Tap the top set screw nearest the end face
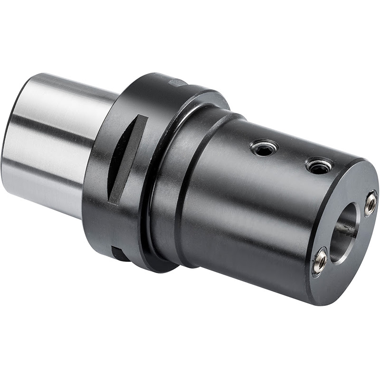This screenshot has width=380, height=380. [x=318, y=165]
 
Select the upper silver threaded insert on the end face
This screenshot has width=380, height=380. [x=370, y=204]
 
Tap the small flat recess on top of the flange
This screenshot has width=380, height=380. [x=177, y=83]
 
